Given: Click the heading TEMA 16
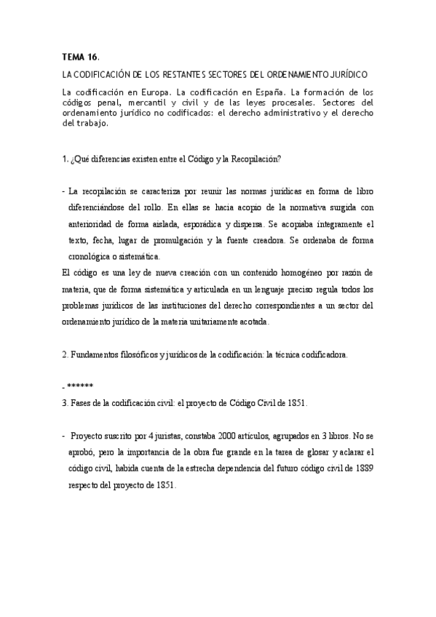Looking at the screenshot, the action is point(80,56).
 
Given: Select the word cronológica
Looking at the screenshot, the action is point(92,257).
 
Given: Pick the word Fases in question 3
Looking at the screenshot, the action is point(81,402).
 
